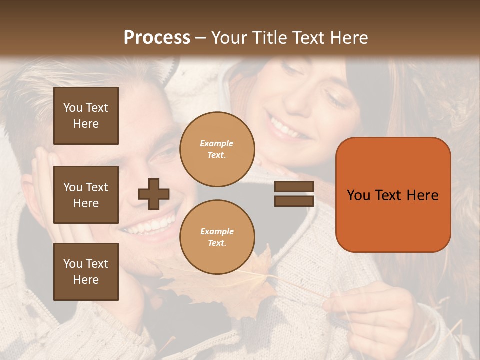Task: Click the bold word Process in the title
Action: coord(157,38)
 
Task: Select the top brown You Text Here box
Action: coord(86,116)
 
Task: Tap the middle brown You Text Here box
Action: coord(86,195)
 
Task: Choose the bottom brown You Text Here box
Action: coord(86,272)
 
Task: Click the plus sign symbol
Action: coord(154,194)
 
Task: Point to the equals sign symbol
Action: coord(294,194)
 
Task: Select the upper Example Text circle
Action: coord(217,149)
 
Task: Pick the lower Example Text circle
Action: coord(217,237)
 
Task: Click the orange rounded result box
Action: coord(393,195)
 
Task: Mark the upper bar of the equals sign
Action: coord(294,186)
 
